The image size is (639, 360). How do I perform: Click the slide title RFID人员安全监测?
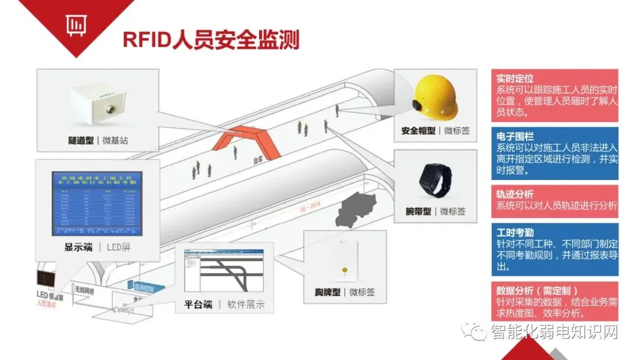211,39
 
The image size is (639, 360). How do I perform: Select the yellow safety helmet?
435,95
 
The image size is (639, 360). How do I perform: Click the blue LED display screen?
97,201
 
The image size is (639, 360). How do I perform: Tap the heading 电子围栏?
514,137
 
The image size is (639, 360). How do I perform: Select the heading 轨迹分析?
514,194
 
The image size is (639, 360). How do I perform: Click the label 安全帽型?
418,131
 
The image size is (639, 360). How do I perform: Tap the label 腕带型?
418,211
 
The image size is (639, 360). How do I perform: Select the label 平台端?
198,305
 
